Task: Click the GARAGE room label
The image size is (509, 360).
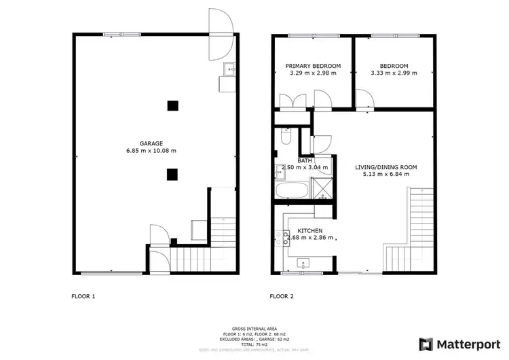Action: coord(151,143)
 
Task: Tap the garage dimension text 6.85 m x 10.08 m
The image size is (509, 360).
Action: coord(151,151)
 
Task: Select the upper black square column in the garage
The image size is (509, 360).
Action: coord(173,105)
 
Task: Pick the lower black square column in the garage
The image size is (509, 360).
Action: coord(173,173)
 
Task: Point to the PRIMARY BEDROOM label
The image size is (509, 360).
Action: coord(313,66)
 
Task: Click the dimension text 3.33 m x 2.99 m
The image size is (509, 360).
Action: coord(394,73)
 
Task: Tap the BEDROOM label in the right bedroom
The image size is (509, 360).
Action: coord(394,66)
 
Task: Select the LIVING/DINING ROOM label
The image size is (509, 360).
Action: coord(386,166)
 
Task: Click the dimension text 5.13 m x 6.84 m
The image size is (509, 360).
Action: coord(386,174)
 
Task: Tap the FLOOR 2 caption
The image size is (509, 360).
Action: coord(282,296)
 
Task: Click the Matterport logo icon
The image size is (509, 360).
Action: coord(426,344)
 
